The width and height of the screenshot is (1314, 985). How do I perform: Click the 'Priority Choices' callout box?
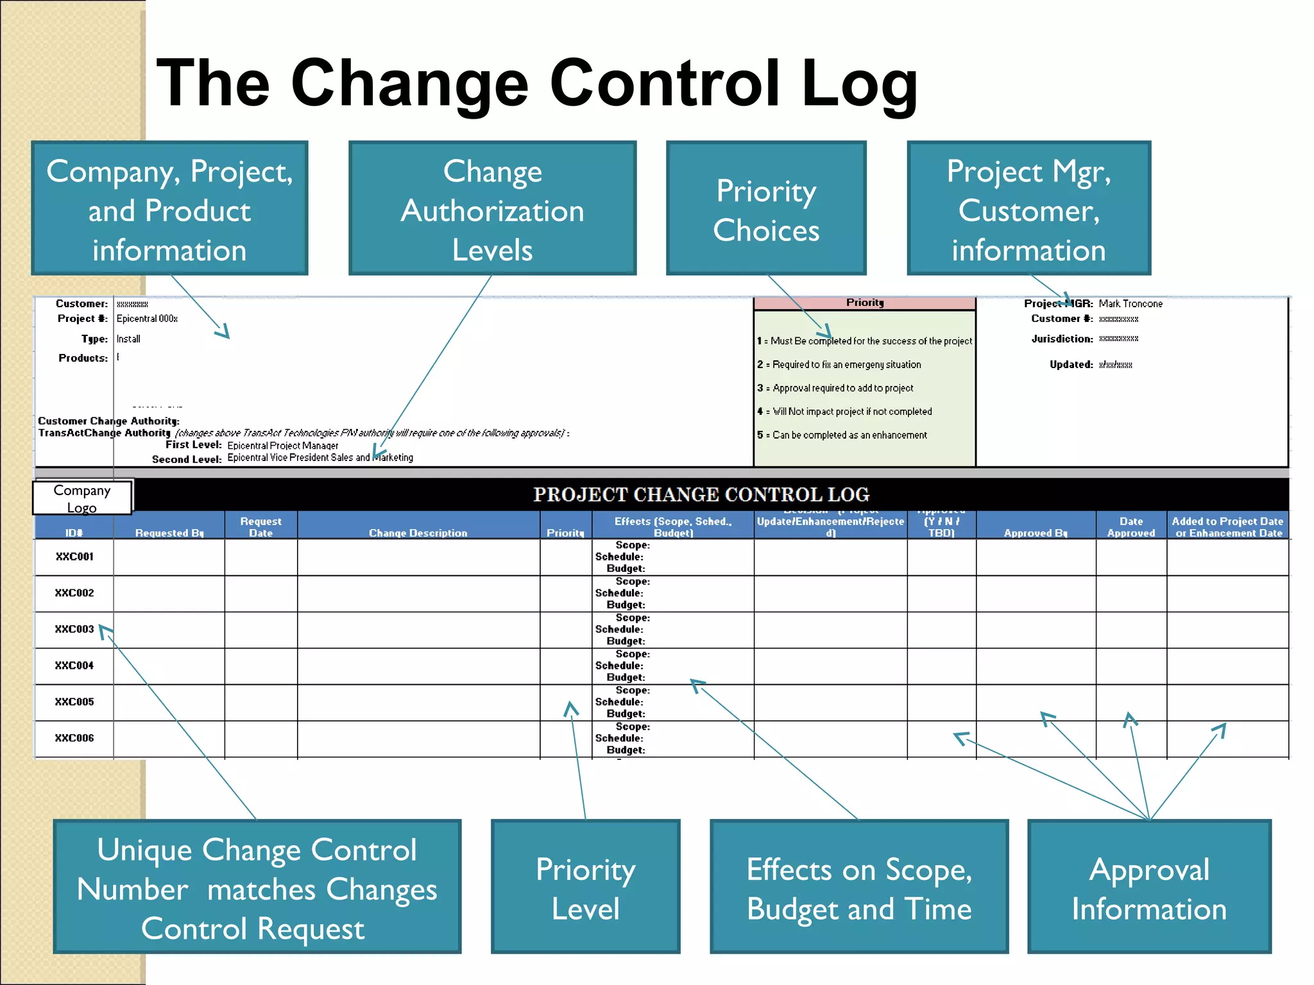(766, 208)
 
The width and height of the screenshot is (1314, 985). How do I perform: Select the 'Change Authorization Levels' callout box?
(492, 208)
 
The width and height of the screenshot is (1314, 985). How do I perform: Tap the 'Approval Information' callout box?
(1149, 887)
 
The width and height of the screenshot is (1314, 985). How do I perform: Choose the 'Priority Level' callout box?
(585, 887)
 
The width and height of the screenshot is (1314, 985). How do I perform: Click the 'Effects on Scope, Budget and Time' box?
(859, 887)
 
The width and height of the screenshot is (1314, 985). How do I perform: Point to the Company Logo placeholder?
(82, 498)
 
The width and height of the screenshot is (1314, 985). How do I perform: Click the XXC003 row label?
(74, 629)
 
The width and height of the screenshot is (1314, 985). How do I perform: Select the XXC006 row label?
(74, 738)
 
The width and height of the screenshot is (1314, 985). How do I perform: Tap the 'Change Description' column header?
(418, 532)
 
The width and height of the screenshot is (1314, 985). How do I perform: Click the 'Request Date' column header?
(261, 526)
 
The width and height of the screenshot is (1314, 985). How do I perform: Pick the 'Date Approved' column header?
(1131, 526)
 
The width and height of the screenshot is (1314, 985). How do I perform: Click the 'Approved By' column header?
(1036, 532)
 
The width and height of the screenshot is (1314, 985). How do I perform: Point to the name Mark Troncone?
(1131, 303)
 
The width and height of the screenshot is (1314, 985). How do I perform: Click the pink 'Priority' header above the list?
(865, 303)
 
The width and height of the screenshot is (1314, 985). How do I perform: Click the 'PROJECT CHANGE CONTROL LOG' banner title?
(701, 494)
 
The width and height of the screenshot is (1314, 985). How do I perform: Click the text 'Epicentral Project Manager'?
(283, 445)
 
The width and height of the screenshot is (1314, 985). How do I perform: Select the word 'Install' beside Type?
(128, 339)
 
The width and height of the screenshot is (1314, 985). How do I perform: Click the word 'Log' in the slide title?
(860, 83)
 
